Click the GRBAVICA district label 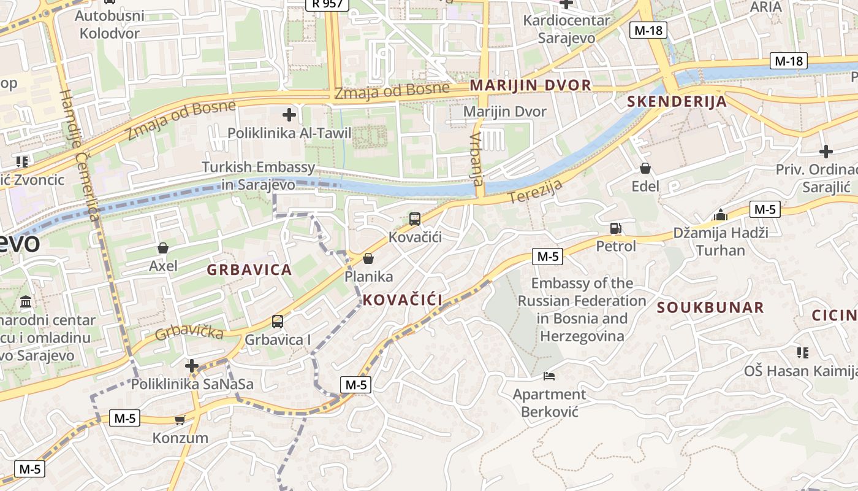pos(249,269)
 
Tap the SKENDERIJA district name pos(677,102)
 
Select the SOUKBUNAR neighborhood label pos(710,307)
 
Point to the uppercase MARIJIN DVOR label pos(531,85)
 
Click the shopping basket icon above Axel pos(163,248)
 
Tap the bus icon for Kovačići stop pos(415,218)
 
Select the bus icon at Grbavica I pos(278,321)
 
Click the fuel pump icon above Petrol pos(615,228)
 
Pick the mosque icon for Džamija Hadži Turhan pos(720,215)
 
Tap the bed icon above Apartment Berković pos(549,376)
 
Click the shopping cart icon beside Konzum pos(180,420)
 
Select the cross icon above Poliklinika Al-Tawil pos(289,114)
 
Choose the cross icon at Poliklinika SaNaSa pos(192,366)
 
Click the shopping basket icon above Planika pos(368,258)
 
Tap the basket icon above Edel pos(645,168)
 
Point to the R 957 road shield pos(327,4)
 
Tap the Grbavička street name pos(189,332)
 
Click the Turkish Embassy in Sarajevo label pos(259,176)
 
